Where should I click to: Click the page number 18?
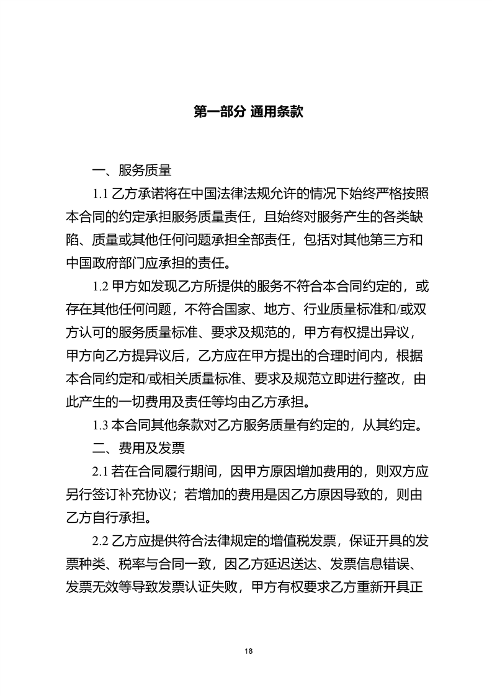(x=249, y=651)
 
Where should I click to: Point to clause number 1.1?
(x=101, y=194)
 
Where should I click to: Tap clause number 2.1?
(x=101, y=471)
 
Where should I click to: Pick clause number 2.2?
(x=101, y=540)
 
